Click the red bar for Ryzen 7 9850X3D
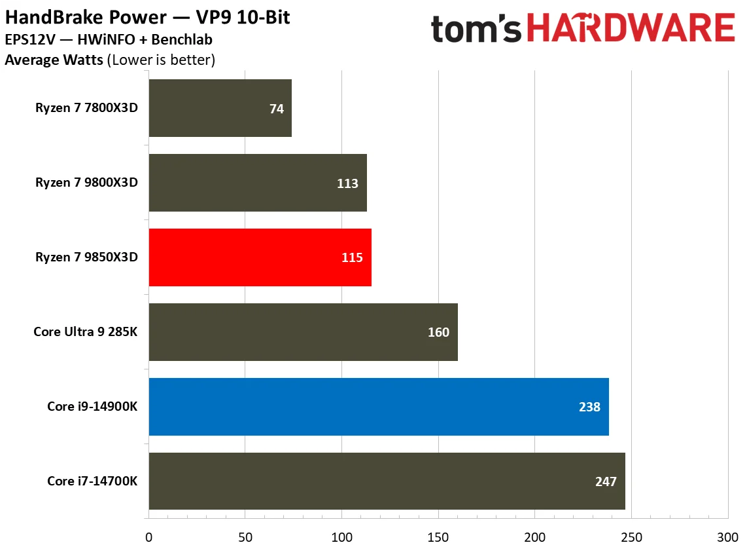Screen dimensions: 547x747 point(260,257)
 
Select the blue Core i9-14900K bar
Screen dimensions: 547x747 point(379,407)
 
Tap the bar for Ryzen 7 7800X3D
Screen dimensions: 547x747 point(220,108)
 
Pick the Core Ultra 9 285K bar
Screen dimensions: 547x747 point(303,332)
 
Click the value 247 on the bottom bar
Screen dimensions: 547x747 point(606,481)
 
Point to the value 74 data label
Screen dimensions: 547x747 point(277,109)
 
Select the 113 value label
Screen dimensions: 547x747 point(347,183)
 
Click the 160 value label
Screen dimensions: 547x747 point(438,332)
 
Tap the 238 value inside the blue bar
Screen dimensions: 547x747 point(589,407)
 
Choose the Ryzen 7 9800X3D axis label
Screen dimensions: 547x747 point(87,183)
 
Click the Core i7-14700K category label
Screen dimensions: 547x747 point(92,481)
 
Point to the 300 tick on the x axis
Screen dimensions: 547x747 point(727,536)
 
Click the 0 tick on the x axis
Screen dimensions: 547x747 point(149,536)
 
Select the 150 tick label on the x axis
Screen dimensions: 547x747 point(438,536)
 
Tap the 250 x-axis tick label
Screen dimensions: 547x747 point(631,536)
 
